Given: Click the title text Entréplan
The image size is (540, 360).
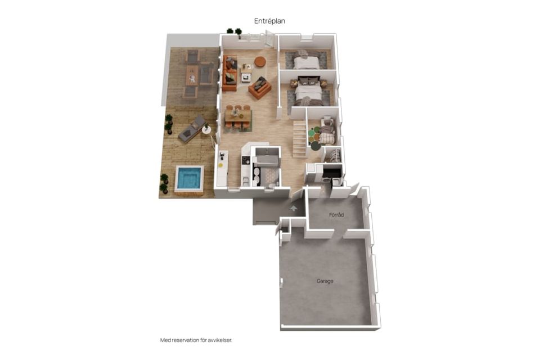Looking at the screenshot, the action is (x=269, y=21).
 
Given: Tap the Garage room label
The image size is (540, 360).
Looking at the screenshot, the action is (x=325, y=281).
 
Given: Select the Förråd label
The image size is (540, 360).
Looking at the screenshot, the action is (x=336, y=215).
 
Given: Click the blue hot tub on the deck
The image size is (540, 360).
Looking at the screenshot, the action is (x=189, y=178).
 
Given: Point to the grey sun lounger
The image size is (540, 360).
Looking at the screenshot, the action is (x=192, y=129).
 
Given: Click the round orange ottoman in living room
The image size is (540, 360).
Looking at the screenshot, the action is (x=260, y=62).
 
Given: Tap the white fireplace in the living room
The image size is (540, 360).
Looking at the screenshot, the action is (x=246, y=78).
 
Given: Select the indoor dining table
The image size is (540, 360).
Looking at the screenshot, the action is (x=238, y=116).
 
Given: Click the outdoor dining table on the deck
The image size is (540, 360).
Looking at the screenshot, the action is (x=192, y=75).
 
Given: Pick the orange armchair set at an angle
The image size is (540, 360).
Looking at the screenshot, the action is (x=260, y=88).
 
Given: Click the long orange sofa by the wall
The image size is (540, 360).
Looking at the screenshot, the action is (x=229, y=73).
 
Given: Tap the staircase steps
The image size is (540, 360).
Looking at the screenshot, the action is (x=300, y=138).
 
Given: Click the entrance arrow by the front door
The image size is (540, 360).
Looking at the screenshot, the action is (x=294, y=208).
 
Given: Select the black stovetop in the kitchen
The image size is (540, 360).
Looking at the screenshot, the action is (x=246, y=160).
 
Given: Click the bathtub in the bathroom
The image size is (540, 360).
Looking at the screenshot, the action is (x=265, y=160).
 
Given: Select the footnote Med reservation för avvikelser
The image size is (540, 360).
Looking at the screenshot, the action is (x=196, y=340).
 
